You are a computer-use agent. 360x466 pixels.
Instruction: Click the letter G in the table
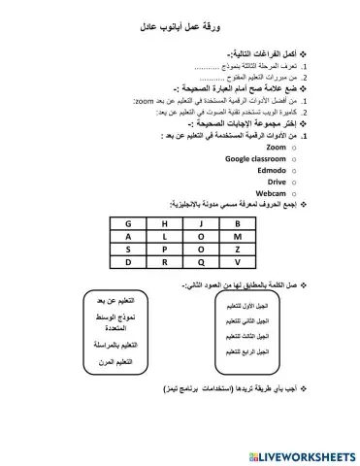click(127, 223)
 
